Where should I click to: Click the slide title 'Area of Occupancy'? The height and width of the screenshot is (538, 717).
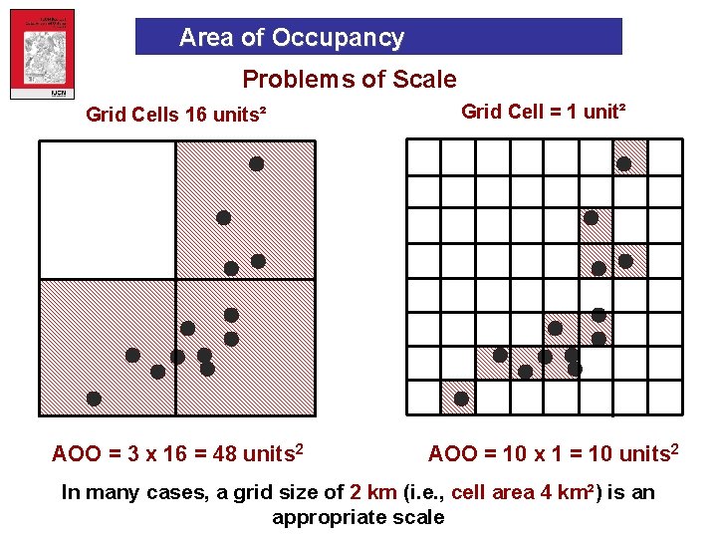291,38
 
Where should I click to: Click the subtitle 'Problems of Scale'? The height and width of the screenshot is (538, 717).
350,80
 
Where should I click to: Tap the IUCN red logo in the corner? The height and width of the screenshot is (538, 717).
42,59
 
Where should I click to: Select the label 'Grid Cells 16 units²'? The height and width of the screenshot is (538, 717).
176,114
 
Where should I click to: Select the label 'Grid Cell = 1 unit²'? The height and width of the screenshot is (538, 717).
544,111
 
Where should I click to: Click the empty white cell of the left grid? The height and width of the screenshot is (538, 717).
108,209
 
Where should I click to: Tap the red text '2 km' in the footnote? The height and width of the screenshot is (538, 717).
374,492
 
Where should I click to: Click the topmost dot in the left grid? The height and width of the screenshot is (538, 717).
256,163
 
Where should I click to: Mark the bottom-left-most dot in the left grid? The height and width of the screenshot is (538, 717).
94,399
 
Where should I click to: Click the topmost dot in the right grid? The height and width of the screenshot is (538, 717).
623,163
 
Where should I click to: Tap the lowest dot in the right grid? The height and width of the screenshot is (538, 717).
461,399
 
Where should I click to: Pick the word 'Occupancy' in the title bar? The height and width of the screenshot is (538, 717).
338,38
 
